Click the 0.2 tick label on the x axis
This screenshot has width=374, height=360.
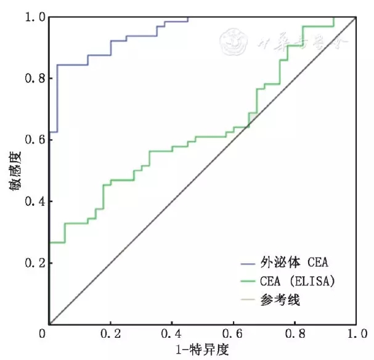[x=111, y=335]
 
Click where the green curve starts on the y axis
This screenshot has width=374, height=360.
[x=49, y=242]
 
